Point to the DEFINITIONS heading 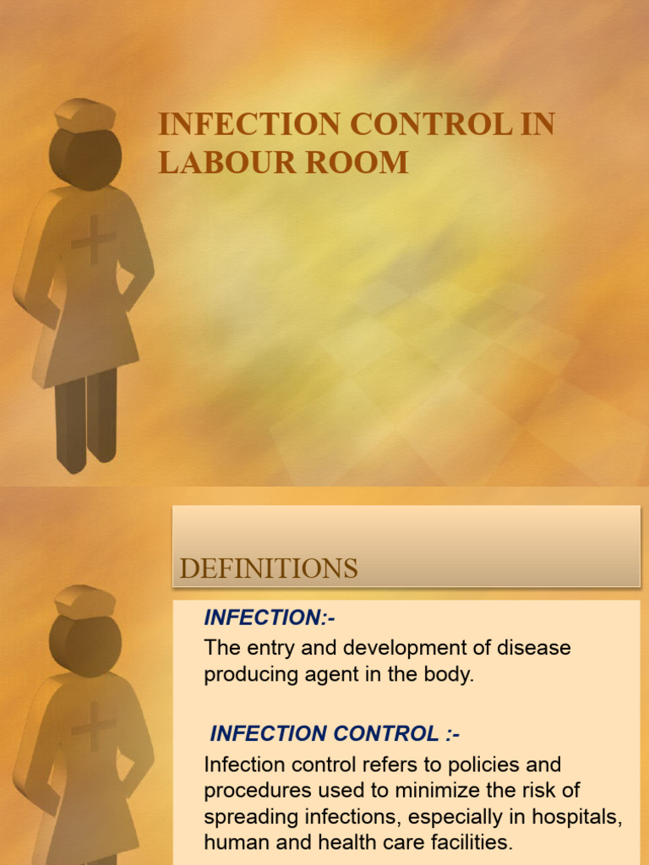point(269,569)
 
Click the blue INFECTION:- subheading point(270,618)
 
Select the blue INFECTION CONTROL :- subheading point(335,733)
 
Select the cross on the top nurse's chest point(93,240)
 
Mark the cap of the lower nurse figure point(85,601)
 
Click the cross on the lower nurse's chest point(93,726)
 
